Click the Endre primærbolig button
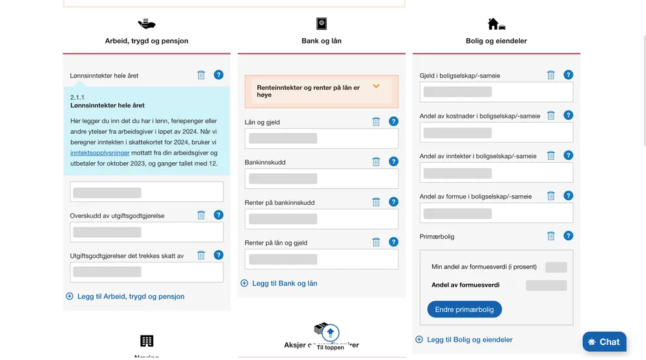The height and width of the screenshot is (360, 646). point(464,310)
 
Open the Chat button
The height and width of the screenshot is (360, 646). point(604,342)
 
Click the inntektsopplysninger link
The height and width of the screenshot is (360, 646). point(100,153)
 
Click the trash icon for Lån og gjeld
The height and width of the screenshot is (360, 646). point(376,122)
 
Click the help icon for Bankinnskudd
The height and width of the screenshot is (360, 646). point(393,162)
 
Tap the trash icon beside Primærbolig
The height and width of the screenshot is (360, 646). point(551,236)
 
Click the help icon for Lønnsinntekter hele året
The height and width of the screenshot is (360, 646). point(218,75)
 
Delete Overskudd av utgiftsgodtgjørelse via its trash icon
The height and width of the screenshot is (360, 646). point(201,215)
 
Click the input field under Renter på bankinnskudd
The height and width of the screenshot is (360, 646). point(322,219)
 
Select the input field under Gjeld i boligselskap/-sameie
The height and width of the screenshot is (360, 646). point(496,92)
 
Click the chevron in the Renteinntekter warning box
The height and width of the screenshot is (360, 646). point(377,87)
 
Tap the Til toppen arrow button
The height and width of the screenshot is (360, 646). point(330,333)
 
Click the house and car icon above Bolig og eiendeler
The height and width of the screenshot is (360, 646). point(496,25)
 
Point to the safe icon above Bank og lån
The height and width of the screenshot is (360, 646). point(321,25)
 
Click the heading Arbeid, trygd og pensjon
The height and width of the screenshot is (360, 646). point(147,41)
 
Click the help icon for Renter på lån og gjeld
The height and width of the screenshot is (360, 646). point(393,242)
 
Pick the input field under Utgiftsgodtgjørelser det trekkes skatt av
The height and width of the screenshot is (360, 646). point(147,272)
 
